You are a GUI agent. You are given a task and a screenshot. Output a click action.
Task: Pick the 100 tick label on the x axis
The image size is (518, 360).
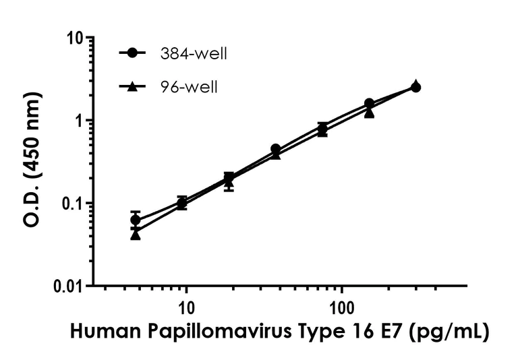[342, 307]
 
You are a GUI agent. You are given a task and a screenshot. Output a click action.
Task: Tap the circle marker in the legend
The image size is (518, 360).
[134, 54]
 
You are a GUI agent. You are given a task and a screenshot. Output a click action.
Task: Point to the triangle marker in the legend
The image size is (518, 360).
[134, 86]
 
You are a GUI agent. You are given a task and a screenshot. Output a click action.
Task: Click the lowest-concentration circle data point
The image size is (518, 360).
[136, 220]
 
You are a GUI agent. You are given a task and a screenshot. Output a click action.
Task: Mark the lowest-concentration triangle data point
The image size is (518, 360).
[136, 235]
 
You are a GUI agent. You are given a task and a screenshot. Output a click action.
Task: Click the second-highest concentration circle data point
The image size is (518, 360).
[369, 103]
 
